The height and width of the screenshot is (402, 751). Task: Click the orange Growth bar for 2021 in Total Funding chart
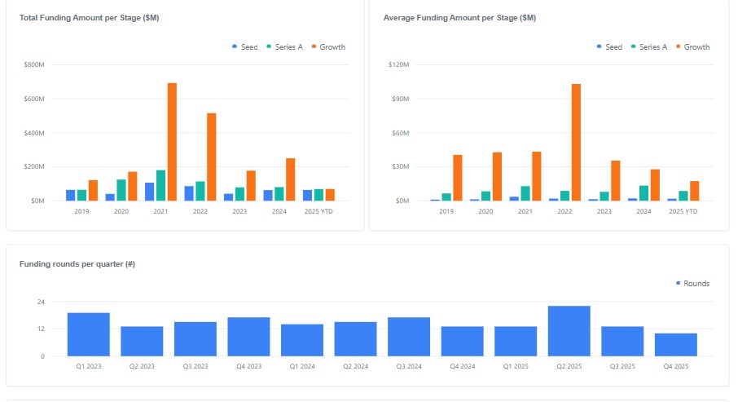pos(172,142)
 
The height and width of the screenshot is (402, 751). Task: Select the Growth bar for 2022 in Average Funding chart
pos(576,142)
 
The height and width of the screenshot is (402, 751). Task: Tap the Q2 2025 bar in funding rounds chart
pos(569,331)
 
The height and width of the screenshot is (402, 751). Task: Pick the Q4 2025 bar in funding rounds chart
pos(675,344)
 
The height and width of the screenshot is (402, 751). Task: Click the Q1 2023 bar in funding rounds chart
pos(88,334)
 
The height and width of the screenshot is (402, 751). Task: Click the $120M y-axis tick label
pos(397,64)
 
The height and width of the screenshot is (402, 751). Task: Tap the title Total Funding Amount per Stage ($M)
pos(89,17)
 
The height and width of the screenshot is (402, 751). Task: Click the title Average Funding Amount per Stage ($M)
pos(459,17)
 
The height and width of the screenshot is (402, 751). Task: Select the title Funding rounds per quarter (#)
pos(77,264)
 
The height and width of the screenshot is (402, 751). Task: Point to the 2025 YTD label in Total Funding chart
pos(318,211)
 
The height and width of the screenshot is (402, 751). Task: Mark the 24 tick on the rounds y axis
pos(40,302)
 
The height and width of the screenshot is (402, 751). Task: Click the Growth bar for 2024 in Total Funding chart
pos(290,179)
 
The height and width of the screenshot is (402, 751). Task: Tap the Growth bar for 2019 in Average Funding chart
pos(458,178)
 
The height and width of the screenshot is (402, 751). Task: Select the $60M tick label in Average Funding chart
pos(399,133)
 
